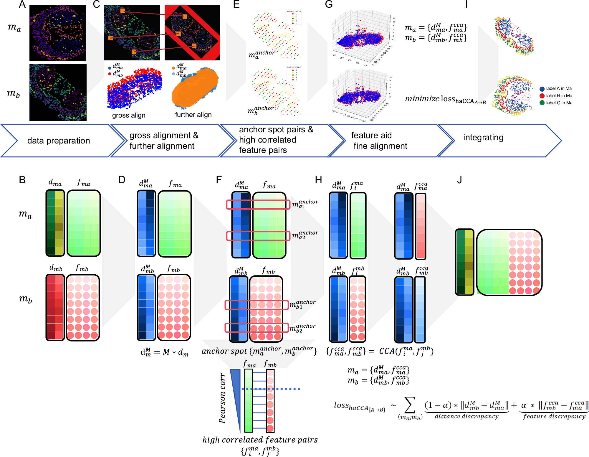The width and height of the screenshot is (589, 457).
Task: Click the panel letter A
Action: click(x=22, y=4)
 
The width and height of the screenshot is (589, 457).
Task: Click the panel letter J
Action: click(x=459, y=180)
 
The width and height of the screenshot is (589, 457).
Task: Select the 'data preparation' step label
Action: click(x=58, y=141)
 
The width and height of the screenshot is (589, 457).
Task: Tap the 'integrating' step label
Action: click(x=483, y=137)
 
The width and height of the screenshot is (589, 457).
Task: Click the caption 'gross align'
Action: click(x=129, y=115)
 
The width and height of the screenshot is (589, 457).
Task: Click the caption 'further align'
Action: click(x=193, y=115)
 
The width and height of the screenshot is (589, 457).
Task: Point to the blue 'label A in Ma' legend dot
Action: click(x=542, y=89)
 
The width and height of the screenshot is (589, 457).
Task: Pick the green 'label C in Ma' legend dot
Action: click(x=542, y=103)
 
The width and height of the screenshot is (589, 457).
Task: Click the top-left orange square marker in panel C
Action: click(x=123, y=11)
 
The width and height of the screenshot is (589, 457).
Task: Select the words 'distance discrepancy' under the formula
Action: click(x=466, y=416)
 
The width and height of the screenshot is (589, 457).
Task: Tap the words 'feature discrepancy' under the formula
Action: click(x=554, y=416)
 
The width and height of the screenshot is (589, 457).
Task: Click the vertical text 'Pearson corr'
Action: click(x=222, y=398)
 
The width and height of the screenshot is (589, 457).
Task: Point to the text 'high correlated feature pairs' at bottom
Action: click(x=260, y=440)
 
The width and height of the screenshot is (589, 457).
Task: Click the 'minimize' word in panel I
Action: click(x=422, y=99)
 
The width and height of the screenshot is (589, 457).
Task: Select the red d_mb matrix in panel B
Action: click(x=55, y=307)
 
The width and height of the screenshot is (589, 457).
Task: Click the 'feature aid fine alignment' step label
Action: click(x=380, y=141)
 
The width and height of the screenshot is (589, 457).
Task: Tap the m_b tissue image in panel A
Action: click(x=58, y=93)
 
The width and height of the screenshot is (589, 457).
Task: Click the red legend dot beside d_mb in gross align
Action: click(x=110, y=74)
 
